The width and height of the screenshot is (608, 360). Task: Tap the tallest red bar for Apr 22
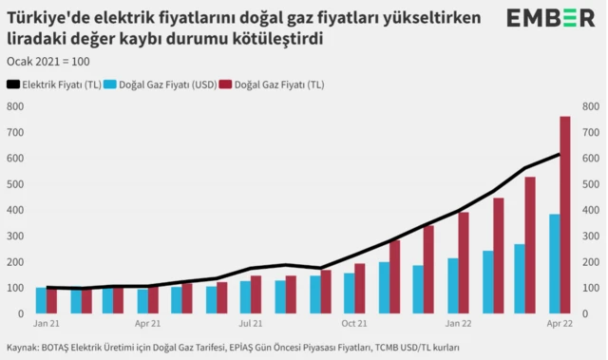[x=563, y=215]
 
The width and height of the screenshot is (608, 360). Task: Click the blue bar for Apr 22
[x=554, y=263]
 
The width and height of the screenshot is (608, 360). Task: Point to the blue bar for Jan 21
[x=41, y=300]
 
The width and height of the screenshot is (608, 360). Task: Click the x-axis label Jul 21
[x=251, y=323]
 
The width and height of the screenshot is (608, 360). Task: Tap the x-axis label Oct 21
[x=354, y=323]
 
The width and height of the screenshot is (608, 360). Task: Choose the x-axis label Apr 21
[x=146, y=323]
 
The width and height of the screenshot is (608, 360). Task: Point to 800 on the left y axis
[x=15, y=106]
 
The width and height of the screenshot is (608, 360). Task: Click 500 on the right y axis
[x=591, y=184]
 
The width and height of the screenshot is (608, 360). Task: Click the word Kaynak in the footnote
[x=23, y=349]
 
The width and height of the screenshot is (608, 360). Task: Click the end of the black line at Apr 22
[x=559, y=155]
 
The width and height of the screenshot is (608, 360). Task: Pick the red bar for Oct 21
[x=360, y=288]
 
